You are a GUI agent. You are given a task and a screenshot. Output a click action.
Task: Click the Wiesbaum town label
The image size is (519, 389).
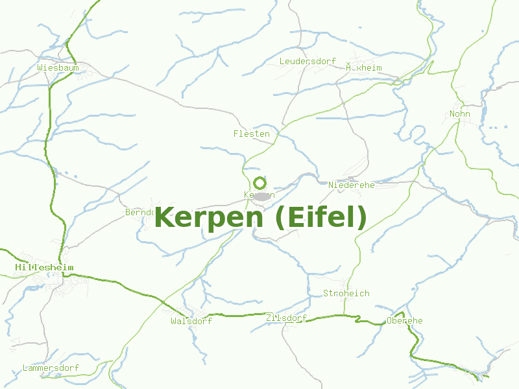click(x=58, y=67)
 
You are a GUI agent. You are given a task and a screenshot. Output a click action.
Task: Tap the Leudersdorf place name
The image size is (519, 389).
click(x=308, y=61)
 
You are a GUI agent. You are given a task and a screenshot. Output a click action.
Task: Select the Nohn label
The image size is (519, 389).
click(x=459, y=114)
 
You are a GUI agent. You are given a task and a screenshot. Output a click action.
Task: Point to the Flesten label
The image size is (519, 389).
click(x=251, y=134)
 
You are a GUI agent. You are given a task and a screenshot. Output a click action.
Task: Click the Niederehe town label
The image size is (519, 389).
click(x=352, y=185)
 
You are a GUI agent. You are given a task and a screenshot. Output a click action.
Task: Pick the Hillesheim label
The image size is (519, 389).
click(x=44, y=267)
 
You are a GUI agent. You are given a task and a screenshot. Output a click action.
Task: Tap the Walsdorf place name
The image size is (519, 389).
click(x=191, y=321)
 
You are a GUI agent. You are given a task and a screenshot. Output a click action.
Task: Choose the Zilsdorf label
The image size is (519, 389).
click(x=286, y=318)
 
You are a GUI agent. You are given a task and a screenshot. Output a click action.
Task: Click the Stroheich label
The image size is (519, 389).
click(x=346, y=293)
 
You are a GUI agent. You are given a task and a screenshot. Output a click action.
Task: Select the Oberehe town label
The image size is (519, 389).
click(x=404, y=320)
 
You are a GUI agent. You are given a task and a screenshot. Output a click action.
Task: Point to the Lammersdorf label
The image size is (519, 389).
click(x=51, y=368)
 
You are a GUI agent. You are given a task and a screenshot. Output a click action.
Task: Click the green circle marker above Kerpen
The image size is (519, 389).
click(x=259, y=183)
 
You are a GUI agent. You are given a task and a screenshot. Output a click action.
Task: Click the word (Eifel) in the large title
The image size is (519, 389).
click(x=320, y=217)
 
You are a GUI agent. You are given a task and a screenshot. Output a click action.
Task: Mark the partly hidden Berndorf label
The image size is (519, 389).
click(x=139, y=212)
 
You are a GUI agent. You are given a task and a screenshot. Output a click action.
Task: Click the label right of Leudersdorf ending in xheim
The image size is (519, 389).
click(x=363, y=67)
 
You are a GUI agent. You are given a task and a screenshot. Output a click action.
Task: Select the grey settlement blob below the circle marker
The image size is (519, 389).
click(x=262, y=196)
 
